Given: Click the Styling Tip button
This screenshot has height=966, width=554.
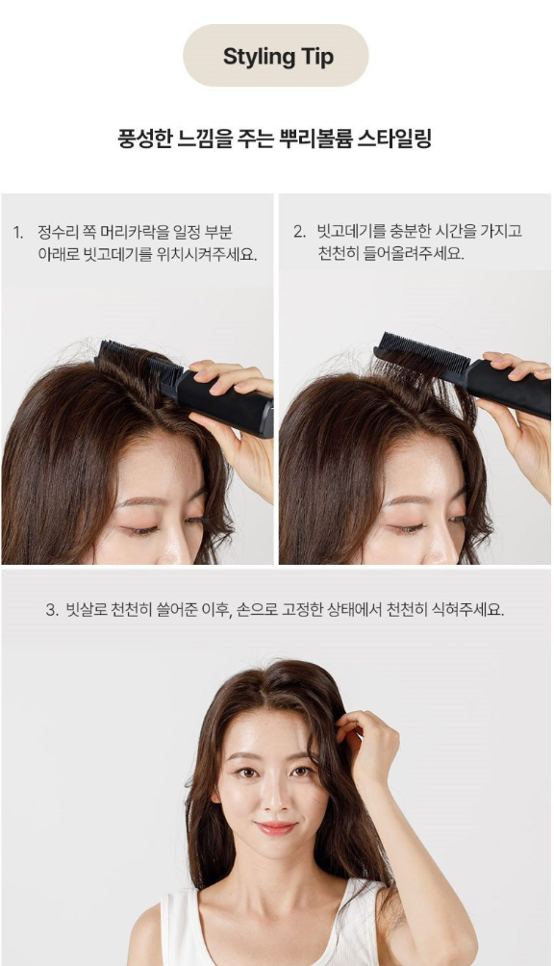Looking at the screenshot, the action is [276, 56].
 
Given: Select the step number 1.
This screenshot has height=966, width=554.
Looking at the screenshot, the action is [18, 233].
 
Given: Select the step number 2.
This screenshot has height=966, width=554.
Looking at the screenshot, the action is [299, 232].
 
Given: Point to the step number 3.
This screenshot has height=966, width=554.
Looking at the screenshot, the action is [52, 611].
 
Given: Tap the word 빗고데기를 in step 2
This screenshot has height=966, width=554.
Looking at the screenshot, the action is [351, 232].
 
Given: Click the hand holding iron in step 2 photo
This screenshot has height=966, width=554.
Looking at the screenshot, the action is [518, 419].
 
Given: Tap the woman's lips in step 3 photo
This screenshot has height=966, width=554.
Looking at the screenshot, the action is [275, 827].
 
